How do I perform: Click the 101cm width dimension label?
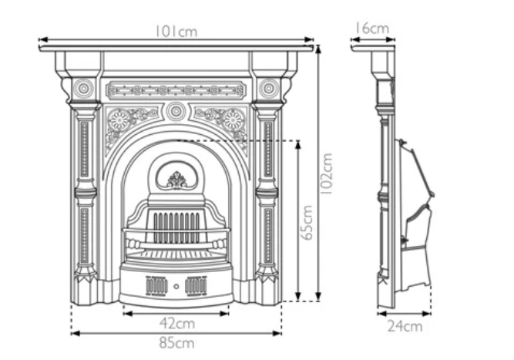(176, 31)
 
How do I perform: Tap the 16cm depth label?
(371, 29)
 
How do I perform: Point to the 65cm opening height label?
(308, 222)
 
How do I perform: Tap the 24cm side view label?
(405, 326)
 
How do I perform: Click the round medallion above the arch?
(176, 111)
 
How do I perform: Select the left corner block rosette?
(84, 89)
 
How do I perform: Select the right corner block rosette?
(268, 89)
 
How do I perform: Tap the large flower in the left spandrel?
(120, 120)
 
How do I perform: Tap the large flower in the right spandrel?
(232, 120)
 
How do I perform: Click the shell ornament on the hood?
(176, 180)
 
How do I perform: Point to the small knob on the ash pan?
(176, 286)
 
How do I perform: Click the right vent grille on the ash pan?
(197, 285)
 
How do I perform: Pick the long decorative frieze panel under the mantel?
(176, 90)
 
